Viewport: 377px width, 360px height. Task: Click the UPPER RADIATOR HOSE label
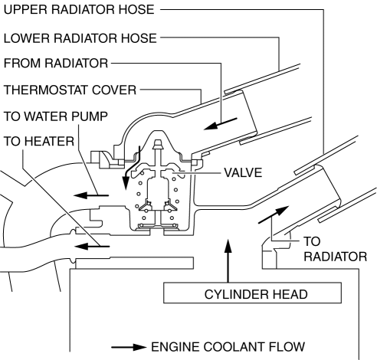[x=79, y=10]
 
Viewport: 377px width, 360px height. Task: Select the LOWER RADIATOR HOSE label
[x=80, y=38]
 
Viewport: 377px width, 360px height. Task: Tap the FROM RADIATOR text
[x=56, y=64]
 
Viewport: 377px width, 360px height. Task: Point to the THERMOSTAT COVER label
[x=70, y=90]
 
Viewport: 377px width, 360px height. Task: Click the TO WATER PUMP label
[x=56, y=116]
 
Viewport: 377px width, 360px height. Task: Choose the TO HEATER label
[x=39, y=141]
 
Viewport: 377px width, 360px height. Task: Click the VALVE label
[x=243, y=172]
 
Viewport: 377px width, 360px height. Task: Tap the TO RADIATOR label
[x=336, y=249]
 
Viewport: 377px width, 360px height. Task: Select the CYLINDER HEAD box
[x=252, y=293]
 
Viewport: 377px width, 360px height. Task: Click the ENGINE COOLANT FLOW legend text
[x=228, y=347]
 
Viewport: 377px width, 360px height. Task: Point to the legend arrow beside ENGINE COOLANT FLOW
[x=129, y=347]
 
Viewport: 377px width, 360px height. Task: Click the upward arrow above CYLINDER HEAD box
[x=228, y=260]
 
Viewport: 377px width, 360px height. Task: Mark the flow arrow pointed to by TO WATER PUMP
[x=91, y=195]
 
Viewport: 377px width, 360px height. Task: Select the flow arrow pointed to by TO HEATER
[x=92, y=247]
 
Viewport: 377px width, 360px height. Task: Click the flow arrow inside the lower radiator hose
[x=221, y=123]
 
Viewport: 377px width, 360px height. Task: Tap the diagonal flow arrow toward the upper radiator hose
[x=274, y=214]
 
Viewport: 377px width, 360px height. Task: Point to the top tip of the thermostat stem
[x=158, y=140]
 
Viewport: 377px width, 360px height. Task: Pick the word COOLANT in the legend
[x=234, y=347]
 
